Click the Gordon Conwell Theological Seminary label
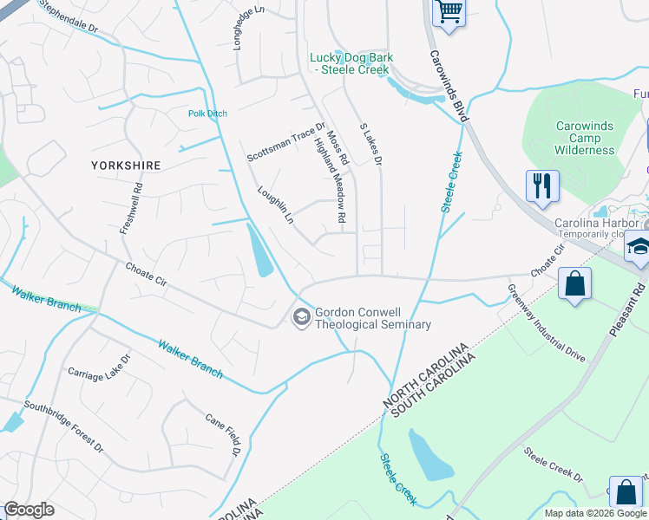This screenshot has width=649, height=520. [x=372, y=319]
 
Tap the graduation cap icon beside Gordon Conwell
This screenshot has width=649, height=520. [x=301, y=318]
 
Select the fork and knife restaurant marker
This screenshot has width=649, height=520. [x=542, y=186]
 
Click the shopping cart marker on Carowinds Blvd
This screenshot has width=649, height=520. [x=449, y=13]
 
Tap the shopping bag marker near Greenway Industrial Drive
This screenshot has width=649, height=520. [x=574, y=283]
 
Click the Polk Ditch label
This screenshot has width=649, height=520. [x=208, y=114]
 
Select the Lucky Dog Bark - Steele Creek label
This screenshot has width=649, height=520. [x=351, y=63]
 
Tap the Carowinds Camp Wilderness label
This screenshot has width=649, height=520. [x=585, y=138]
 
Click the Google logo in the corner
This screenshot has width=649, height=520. [x=29, y=510]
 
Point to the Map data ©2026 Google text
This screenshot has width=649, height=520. [x=595, y=513]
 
